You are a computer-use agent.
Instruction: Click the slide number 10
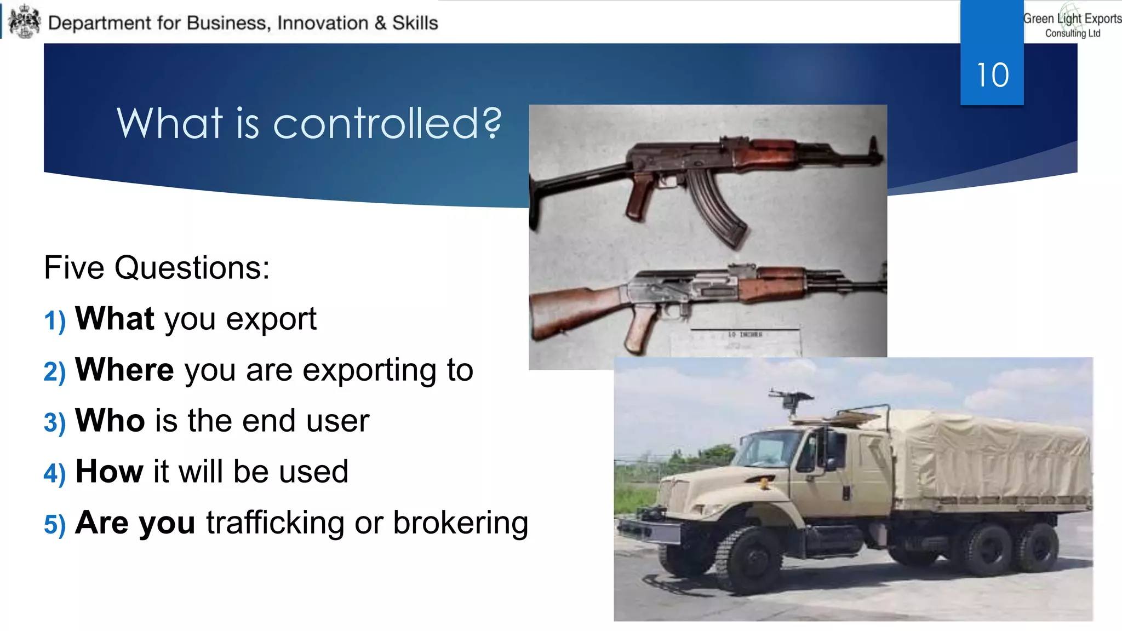point(992,75)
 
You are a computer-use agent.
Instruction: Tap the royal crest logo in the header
point(25,22)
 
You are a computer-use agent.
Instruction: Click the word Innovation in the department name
point(323,23)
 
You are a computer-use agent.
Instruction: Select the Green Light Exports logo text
point(1072,24)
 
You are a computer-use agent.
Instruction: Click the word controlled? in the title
point(387,123)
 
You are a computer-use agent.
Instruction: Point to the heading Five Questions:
point(157,268)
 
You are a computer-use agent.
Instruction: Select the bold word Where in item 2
point(124,370)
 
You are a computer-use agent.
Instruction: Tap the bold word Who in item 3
point(110,421)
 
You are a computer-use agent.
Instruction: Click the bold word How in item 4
point(109,472)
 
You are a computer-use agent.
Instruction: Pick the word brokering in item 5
point(460,523)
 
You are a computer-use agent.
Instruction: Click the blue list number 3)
point(54,423)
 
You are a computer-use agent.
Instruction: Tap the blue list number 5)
point(54,525)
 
